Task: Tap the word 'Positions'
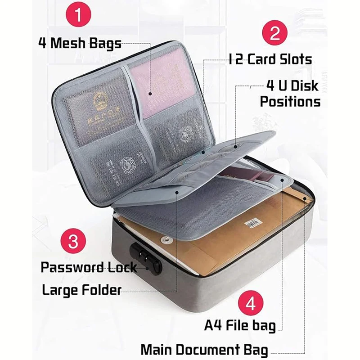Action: click(290, 101)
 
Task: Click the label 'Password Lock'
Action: click(89, 267)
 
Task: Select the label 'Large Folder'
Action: click(81, 290)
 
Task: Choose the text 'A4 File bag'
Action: click(240, 325)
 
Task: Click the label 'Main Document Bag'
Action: click(204, 349)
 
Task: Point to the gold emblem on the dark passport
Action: click(97, 101)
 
